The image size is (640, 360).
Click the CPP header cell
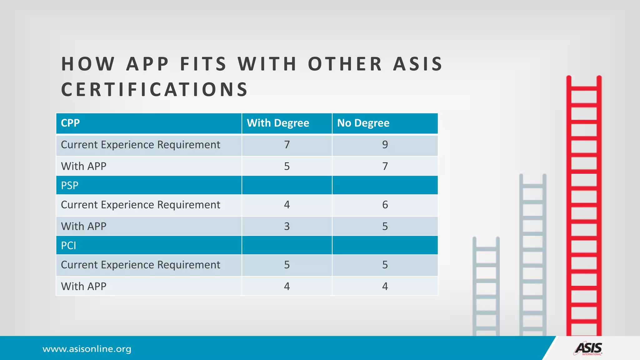point(70,123)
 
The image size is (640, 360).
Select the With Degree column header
point(278,123)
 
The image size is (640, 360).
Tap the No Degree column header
point(363,123)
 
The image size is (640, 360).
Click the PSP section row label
point(70,185)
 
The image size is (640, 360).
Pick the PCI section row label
point(68,246)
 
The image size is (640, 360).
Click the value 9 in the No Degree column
point(385,145)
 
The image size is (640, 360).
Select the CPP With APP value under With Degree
point(287,166)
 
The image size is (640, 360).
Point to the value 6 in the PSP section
point(385,205)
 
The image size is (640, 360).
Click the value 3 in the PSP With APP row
point(287,226)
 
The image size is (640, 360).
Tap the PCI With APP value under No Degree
point(385,286)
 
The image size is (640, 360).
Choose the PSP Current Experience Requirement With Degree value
point(287,205)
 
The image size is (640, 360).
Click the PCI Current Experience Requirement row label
point(140,265)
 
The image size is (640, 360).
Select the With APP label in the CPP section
point(84,166)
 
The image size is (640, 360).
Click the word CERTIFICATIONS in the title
point(155,89)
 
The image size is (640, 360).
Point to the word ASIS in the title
point(418,64)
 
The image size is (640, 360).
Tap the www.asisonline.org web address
point(87,349)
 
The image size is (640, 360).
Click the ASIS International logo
point(588,349)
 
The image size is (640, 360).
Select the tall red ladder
point(584,206)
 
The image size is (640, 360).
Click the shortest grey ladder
point(486,286)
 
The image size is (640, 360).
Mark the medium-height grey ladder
point(533,255)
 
